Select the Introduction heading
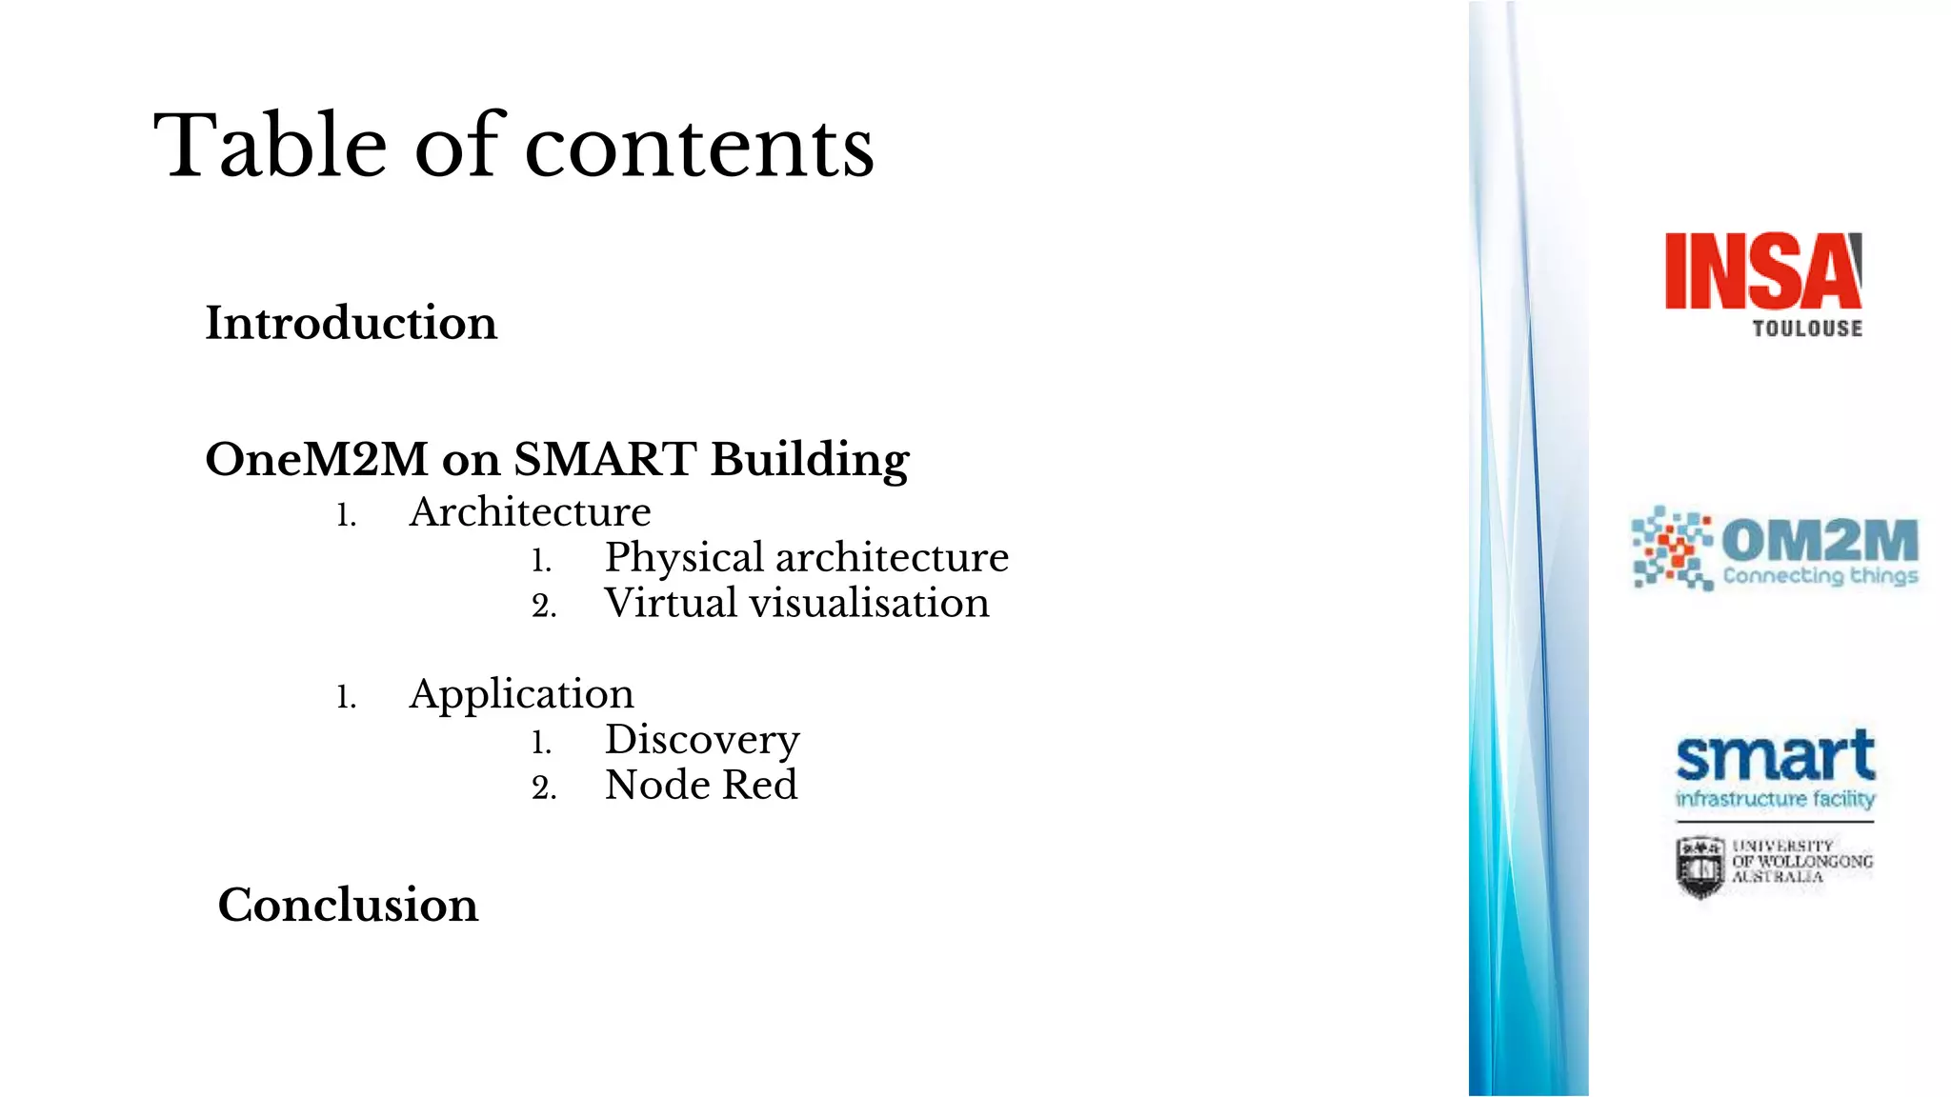pos(351,323)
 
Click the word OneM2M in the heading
pos(316,459)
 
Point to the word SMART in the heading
pos(605,459)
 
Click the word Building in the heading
pos(810,461)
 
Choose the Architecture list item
pos(530,512)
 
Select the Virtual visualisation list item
pos(796,603)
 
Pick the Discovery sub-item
pos(702,740)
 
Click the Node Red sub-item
pos(701,786)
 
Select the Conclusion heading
pos(348,905)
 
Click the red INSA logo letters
pos(1761,272)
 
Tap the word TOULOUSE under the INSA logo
pos(1807,329)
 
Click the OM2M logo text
pos(1819,540)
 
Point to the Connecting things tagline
pos(1820,576)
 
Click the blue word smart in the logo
pos(1775,758)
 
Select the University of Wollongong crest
pos(1700,867)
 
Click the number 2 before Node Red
pos(543,788)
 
